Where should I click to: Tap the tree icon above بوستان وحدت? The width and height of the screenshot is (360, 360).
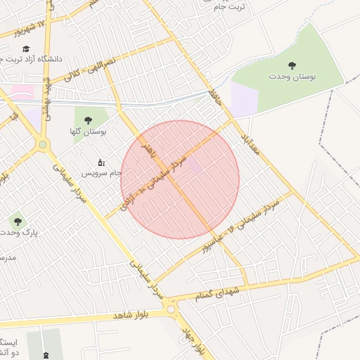(x=292, y=65)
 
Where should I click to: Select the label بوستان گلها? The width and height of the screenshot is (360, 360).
(x=88, y=131)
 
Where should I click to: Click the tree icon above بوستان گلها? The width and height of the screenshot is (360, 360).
(x=88, y=121)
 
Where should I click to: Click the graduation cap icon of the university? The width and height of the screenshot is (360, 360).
(x=26, y=49)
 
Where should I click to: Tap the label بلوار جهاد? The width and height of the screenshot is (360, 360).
(x=196, y=340)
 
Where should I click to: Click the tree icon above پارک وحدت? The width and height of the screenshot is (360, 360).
(x=18, y=221)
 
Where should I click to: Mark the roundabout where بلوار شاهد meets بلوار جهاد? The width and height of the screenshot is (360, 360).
(x=171, y=308)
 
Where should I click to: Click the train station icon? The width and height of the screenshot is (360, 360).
(x=46, y=356)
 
